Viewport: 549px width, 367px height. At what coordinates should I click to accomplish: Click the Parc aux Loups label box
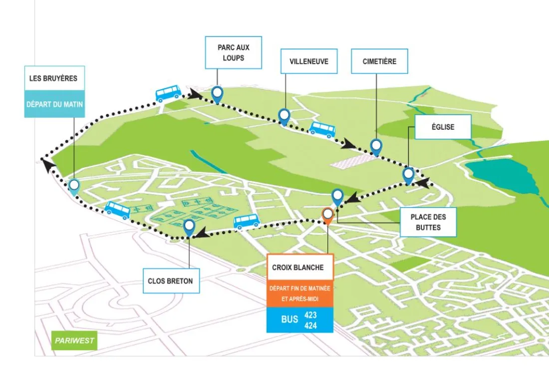[233, 52]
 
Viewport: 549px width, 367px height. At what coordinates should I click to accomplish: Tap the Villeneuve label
[308, 62]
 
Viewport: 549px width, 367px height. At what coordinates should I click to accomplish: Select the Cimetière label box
[379, 61]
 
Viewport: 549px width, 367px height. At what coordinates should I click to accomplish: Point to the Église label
[443, 127]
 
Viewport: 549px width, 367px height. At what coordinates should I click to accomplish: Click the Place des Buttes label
[428, 222]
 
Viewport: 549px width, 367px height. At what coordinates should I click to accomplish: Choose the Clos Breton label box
[170, 281]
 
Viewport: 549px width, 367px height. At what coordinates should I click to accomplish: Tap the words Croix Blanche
[298, 268]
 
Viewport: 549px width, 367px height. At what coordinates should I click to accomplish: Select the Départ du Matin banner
[54, 104]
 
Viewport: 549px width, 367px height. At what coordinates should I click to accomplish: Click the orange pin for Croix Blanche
[327, 215]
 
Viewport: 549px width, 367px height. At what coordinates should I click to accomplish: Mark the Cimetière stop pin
[376, 146]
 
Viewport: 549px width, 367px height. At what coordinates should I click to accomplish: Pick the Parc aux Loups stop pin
[217, 93]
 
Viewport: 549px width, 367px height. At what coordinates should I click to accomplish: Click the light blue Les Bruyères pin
[74, 186]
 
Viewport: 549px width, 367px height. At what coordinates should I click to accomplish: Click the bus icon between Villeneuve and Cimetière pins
[322, 129]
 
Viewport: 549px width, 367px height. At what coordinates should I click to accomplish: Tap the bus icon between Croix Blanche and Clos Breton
[247, 221]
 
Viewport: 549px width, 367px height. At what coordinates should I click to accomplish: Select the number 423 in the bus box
[310, 315]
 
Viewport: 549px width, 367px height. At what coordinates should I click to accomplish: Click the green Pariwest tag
[74, 341]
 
